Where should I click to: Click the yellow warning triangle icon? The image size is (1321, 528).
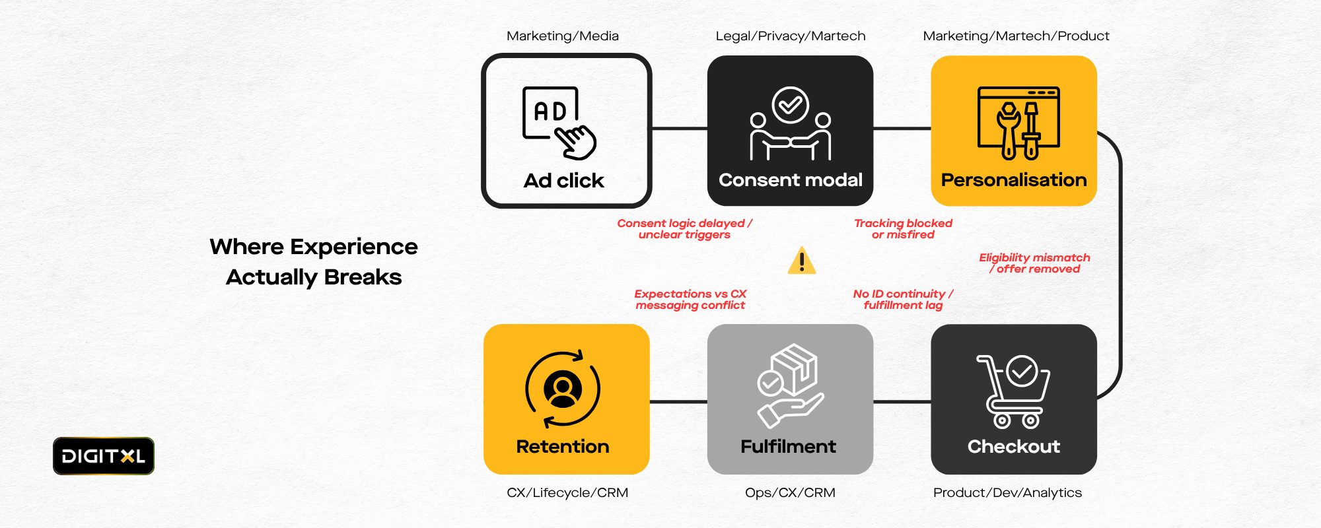pyautogui.click(x=802, y=261)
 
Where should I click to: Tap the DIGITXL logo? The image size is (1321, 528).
pyautogui.click(x=104, y=456)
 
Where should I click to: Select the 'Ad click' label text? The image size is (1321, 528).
pyautogui.click(x=563, y=181)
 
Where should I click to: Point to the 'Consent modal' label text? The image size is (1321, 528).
pyautogui.click(x=790, y=180)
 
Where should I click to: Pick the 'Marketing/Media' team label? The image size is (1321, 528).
pyautogui.click(x=563, y=36)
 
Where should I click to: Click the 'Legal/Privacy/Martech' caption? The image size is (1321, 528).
pyautogui.click(x=790, y=36)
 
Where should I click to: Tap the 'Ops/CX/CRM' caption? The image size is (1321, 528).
pyautogui.click(x=790, y=493)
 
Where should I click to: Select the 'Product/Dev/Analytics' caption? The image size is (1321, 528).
pyautogui.click(x=1007, y=493)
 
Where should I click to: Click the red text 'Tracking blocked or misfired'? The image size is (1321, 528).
pyautogui.click(x=903, y=229)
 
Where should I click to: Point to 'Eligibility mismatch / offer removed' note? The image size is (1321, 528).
pyautogui.click(x=1034, y=263)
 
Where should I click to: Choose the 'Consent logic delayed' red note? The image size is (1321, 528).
pyautogui.click(x=684, y=229)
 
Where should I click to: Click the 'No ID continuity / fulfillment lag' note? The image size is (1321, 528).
pyautogui.click(x=903, y=300)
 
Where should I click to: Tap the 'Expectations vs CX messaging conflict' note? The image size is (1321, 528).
pyautogui.click(x=690, y=300)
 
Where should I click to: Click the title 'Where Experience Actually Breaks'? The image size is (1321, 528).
pyautogui.click(x=314, y=261)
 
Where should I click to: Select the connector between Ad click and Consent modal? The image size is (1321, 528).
pyautogui.click(x=679, y=129)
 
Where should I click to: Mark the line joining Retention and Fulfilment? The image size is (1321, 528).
pyautogui.click(x=678, y=401)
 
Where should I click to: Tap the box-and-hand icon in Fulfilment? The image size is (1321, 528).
pyautogui.click(x=790, y=386)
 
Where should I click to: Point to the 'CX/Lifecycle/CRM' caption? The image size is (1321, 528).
pyautogui.click(x=567, y=493)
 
